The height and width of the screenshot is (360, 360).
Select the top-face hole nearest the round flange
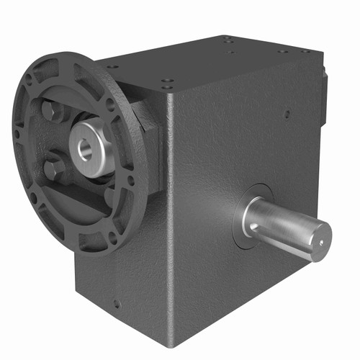coord(112,67)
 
